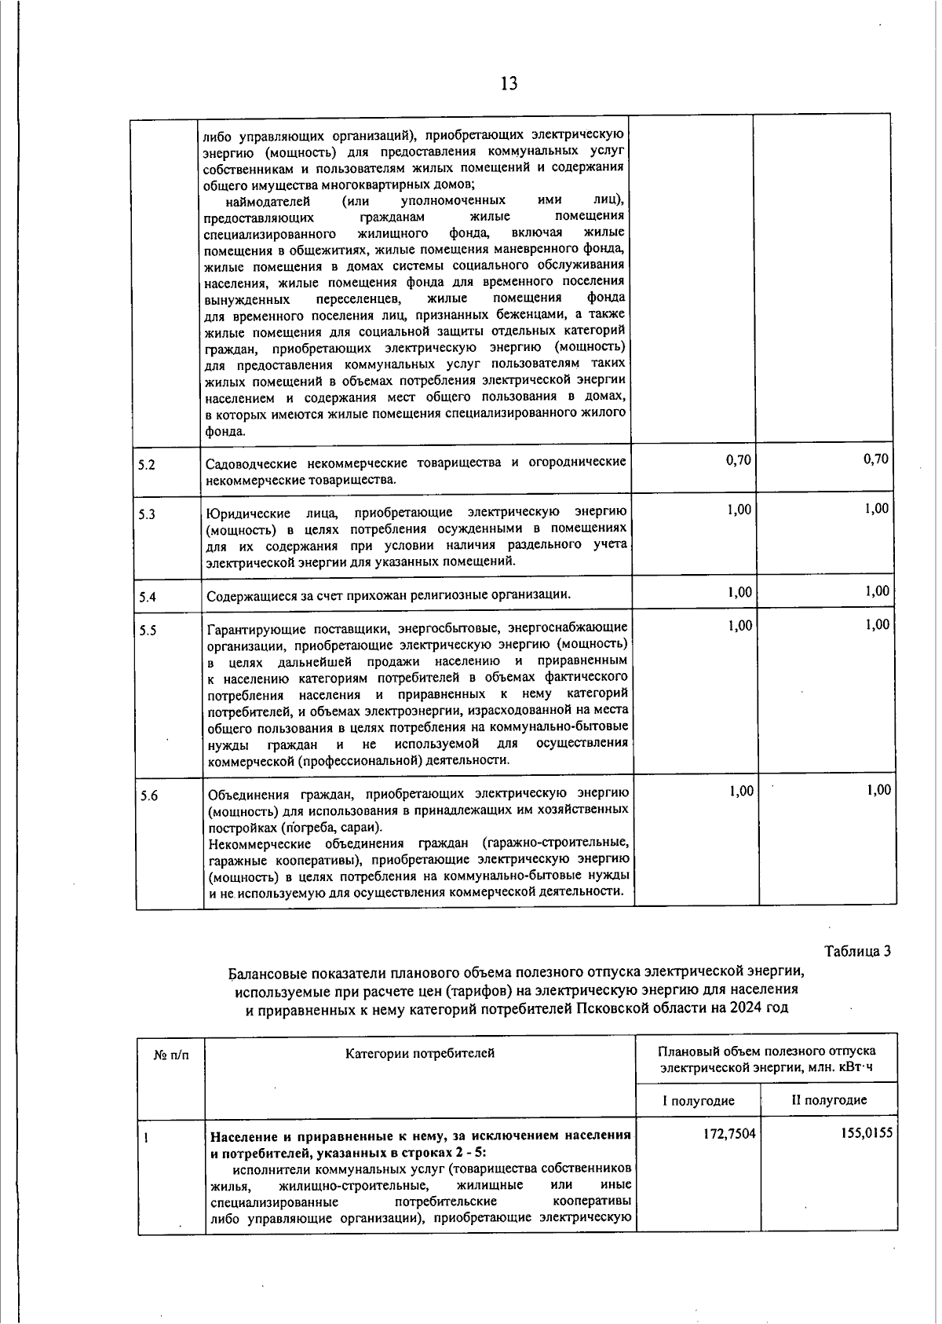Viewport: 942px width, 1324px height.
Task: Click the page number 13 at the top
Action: pos(508,83)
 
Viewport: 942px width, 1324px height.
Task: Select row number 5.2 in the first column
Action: pos(147,465)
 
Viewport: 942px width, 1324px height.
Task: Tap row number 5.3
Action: pos(147,515)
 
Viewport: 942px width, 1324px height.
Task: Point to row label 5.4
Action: pos(147,597)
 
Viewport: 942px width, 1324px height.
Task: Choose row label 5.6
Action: pos(148,796)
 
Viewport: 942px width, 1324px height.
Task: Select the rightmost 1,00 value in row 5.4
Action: pos(878,591)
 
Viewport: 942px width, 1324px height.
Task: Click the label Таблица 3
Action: pos(858,951)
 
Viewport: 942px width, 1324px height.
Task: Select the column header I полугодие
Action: pos(698,1100)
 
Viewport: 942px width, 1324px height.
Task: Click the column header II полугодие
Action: pos(829,1100)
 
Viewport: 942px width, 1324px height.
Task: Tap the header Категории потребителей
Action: pos(420,1053)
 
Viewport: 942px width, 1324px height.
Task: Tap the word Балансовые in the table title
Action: pos(266,974)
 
